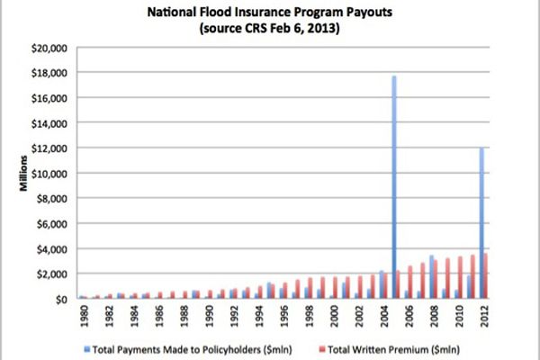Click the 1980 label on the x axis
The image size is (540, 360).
click(x=83, y=317)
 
